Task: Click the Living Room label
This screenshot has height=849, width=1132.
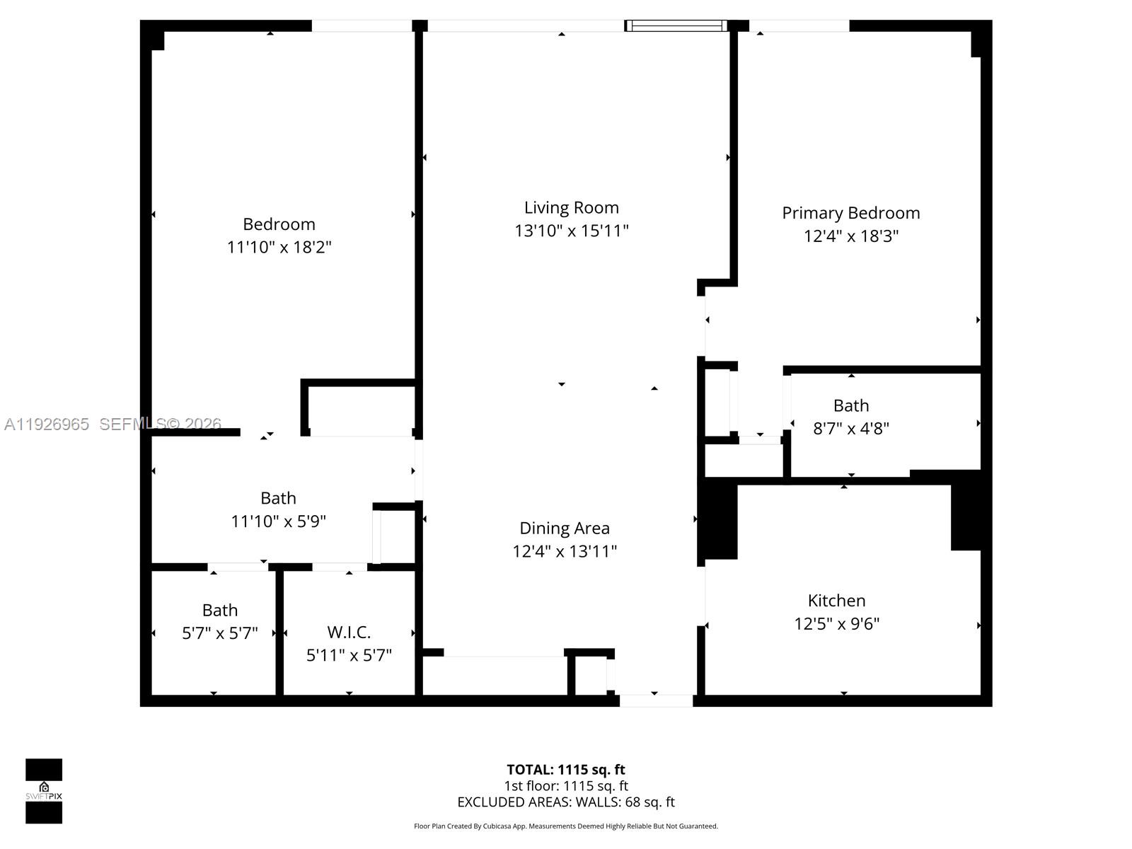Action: (571, 208)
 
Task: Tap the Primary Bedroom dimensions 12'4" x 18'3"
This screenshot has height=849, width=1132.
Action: (850, 236)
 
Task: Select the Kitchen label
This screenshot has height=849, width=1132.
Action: (836, 601)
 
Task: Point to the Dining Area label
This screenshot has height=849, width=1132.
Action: (564, 529)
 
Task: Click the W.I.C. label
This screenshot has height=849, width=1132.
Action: (349, 633)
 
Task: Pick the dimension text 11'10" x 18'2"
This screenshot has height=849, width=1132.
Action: (279, 248)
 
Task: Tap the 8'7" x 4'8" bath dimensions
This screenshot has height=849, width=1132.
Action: (850, 429)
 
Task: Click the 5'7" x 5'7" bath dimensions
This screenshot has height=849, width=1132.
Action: (219, 633)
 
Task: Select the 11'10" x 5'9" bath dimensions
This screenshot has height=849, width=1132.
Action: (278, 521)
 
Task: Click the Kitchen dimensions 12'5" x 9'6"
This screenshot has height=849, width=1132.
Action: (836, 624)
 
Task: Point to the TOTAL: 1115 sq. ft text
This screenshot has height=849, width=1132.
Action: (565, 770)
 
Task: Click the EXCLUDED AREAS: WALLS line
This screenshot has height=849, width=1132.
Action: (565, 802)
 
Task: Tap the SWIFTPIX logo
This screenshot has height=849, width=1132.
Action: (44, 791)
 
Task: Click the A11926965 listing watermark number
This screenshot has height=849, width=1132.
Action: (47, 424)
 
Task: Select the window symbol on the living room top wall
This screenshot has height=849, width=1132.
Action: (676, 26)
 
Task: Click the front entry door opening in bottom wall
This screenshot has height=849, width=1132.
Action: (656, 700)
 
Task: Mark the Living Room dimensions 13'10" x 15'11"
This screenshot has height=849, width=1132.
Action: (571, 231)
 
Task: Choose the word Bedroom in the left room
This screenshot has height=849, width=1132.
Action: (279, 224)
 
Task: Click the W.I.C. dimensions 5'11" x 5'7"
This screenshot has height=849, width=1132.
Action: (349, 656)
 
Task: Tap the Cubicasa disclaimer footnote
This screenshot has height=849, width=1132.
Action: (565, 826)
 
